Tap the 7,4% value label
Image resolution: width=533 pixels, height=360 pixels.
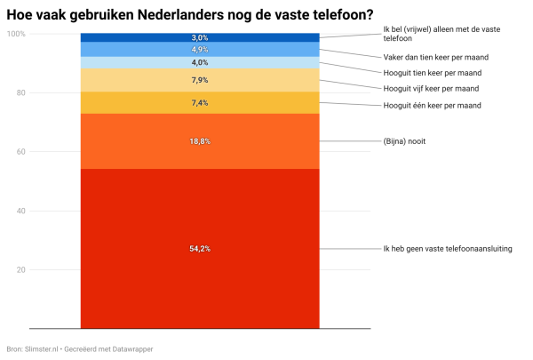[x=200, y=103]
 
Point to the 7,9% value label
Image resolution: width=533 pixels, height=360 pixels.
[x=200, y=80]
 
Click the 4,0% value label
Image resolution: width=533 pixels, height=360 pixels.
[x=200, y=62]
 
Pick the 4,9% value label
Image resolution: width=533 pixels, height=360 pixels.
[x=200, y=50]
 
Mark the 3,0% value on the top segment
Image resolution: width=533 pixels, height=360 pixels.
[x=200, y=37]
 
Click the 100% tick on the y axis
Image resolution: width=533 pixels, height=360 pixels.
[x=15, y=34]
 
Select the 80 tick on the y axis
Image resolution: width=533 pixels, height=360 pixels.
[x=19, y=92]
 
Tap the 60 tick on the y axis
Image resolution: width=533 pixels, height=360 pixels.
[x=19, y=152]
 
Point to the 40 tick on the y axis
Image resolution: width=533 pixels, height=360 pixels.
[x=19, y=211]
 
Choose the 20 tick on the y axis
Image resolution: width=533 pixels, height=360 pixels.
[x=19, y=269]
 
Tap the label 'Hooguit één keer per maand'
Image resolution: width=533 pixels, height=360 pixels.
[x=432, y=106]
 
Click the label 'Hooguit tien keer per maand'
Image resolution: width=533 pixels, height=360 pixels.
[x=432, y=73]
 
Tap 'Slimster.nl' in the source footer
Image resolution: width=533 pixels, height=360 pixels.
[x=41, y=349]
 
